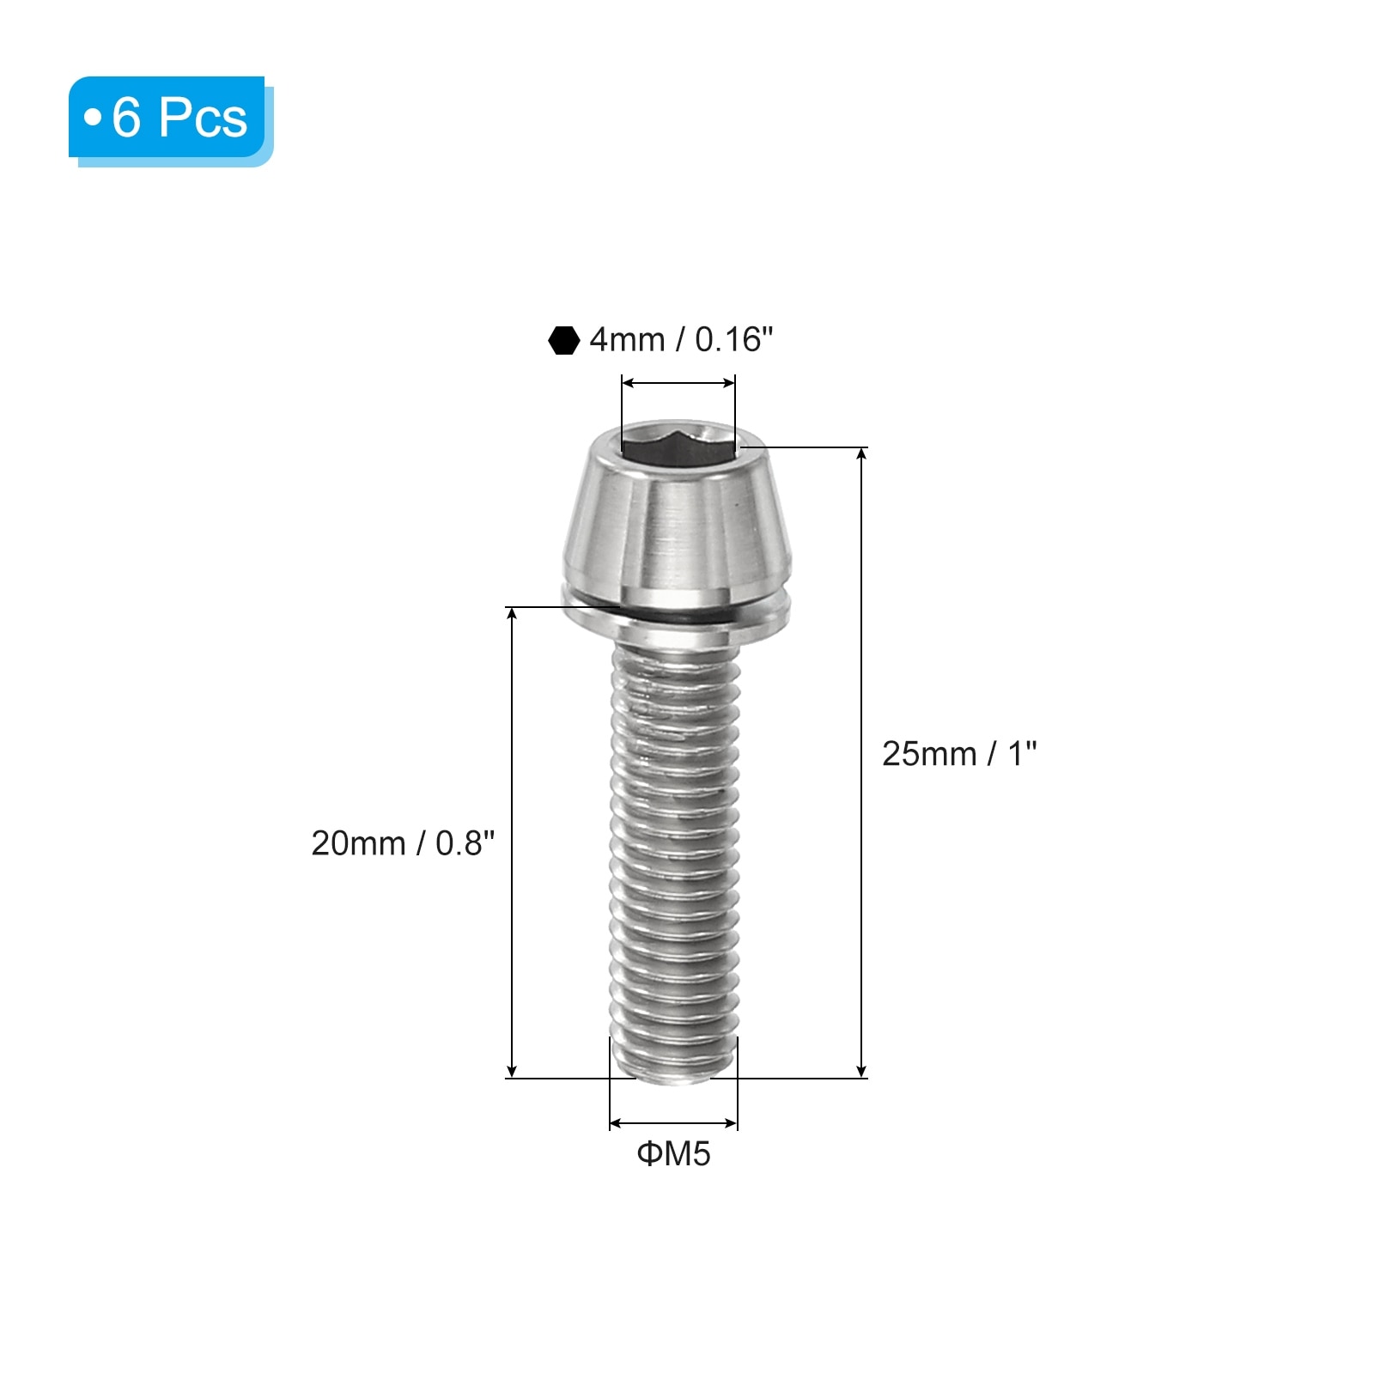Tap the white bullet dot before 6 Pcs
tap(93, 117)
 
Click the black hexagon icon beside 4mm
tap(563, 340)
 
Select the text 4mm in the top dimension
tap(627, 340)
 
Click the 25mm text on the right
tap(929, 754)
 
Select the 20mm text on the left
tap(358, 843)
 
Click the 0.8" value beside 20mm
tap(465, 843)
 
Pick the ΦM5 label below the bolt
tap(674, 1153)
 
